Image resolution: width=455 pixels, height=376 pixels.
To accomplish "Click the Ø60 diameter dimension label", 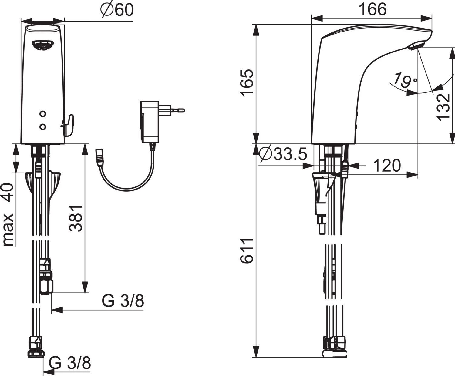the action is click(x=117, y=10).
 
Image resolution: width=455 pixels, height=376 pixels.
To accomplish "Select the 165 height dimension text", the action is click(x=247, y=83).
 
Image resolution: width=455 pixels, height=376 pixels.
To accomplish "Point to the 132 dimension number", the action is click(x=443, y=107).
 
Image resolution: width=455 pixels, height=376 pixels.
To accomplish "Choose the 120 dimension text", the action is click(x=387, y=166).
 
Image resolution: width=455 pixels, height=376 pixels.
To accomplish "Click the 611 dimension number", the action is click(x=247, y=250).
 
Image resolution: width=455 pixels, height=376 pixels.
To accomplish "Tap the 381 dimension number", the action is click(x=76, y=218).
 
